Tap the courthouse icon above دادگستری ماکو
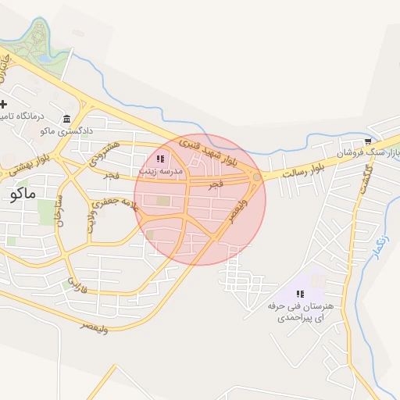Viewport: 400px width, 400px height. pyautogui.click(x=66, y=120)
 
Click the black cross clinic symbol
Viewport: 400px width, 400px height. pyautogui.click(x=4, y=104)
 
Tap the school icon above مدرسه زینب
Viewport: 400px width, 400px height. pyautogui.click(x=160, y=159)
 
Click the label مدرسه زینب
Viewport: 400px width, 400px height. pyautogui.click(x=160, y=170)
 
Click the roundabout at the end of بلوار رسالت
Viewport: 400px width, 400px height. pyautogui.click(x=257, y=179)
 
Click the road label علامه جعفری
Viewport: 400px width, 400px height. pyautogui.click(x=120, y=205)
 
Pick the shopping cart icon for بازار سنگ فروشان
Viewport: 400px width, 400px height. pyautogui.click(x=367, y=141)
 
